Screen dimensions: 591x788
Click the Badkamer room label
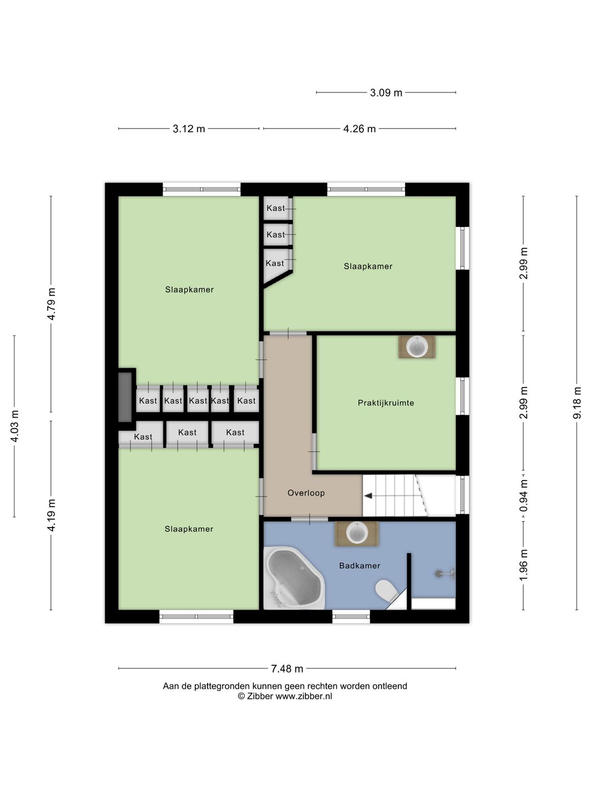pos(359,566)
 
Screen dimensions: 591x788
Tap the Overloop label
pos(306,493)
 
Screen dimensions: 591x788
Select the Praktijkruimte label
pos(386,403)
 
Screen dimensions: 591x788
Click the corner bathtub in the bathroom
pos(293,578)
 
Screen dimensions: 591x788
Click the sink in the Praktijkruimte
pos(416,347)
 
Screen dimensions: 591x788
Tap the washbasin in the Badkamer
pos(357,533)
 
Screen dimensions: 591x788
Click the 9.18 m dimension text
pos(577,403)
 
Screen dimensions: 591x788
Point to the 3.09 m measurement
pos(386,92)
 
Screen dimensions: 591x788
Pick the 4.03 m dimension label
pos(15,426)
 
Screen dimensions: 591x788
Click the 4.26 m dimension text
pos(359,129)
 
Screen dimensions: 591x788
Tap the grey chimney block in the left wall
pos(125,397)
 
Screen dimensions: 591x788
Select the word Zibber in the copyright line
pos(260,696)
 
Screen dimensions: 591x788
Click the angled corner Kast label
pos(275,263)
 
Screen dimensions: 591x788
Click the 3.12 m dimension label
pos(189,129)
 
